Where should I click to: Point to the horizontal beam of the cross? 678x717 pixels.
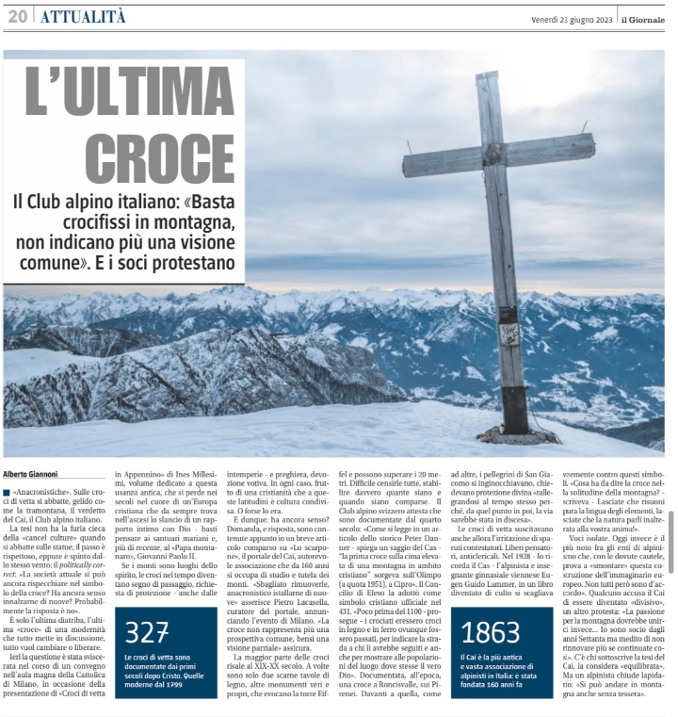point(498,154)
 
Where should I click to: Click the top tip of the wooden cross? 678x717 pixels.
point(488,76)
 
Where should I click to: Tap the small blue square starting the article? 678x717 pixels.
point(8,493)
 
